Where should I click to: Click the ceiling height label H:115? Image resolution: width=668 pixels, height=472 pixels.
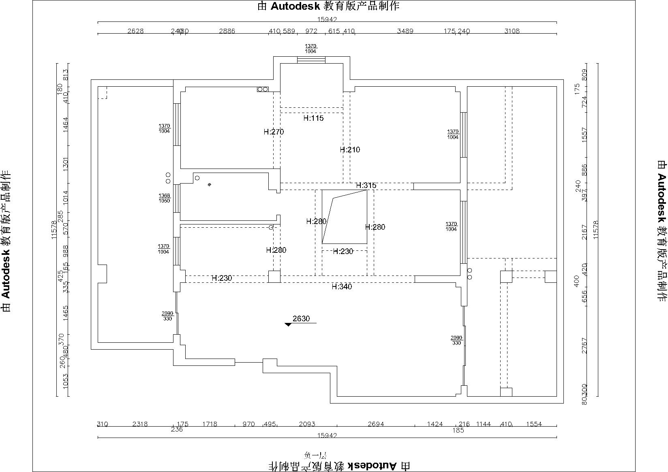pyautogui.click(x=313, y=118)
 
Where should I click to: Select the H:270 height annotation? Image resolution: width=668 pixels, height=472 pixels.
pyautogui.click(x=274, y=132)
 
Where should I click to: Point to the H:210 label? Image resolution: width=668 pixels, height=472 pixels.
pyautogui.click(x=350, y=150)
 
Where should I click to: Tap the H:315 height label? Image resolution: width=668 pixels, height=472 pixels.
pyautogui.click(x=366, y=185)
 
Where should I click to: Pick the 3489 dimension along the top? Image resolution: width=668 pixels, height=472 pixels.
pyautogui.click(x=405, y=31)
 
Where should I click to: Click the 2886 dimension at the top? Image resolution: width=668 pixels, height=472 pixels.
pyautogui.click(x=227, y=31)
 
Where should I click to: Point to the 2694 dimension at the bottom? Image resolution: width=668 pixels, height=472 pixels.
pyautogui.click(x=376, y=424)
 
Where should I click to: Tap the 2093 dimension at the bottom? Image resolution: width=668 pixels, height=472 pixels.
pyautogui.click(x=307, y=424)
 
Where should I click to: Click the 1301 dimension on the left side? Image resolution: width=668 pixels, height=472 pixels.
pyautogui.click(x=66, y=164)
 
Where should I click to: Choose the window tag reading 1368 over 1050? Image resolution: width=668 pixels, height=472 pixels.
pyautogui.click(x=164, y=198)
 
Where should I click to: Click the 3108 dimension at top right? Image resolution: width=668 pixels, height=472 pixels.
pyautogui.click(x=512, y=31)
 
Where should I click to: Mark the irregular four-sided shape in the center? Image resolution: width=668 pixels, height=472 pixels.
pyautogui.click(x=345, y=217)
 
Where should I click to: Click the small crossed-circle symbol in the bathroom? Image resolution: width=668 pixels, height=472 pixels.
pyautogui.click(x=209, y=185)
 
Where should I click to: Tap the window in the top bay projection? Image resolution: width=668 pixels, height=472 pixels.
pyautogui.click(x=311, y=60)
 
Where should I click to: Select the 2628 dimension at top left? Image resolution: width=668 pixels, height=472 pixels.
pyautogui.click(x=135, y=31)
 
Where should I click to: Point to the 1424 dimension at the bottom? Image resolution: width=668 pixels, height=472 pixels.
pyautogui.click(x=435, y=424)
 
